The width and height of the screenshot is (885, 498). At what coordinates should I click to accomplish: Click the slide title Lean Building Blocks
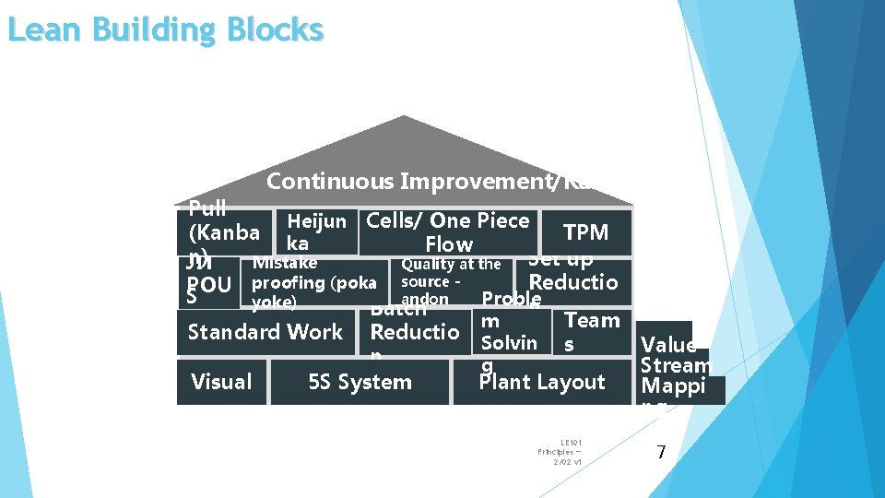pos(165,30)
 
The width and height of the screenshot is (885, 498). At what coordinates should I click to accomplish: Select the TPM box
pos(585,232)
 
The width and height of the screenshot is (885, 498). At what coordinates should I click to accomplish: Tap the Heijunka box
pos(316,232)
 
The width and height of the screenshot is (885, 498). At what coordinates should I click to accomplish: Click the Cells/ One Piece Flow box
pos(448,232)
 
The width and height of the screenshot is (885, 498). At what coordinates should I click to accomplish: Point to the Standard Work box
pos(265,332)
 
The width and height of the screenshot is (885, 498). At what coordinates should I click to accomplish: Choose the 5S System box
pos(360,382)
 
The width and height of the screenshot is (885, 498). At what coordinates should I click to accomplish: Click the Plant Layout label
pos(542,382)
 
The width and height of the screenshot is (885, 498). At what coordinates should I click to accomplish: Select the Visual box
pos(221,382)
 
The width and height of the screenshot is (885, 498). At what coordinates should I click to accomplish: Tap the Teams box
pos(591,332)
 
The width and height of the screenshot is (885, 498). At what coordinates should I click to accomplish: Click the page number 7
pos(660,452)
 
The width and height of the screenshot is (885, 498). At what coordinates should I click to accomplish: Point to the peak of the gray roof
pos(404,118)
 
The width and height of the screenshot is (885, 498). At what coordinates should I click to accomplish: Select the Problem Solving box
pos(509,332)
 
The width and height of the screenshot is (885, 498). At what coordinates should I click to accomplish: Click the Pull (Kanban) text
pos(219,231)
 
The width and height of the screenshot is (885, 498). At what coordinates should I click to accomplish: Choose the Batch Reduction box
pos(414,330)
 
